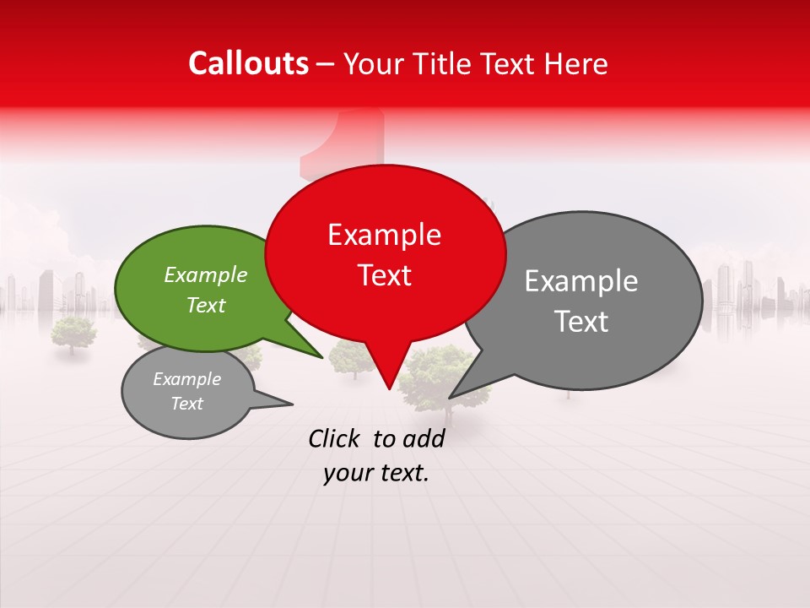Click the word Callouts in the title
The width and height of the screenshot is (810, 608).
248,63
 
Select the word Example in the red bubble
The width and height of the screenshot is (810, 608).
384,235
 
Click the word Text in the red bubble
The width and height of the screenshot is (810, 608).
384,275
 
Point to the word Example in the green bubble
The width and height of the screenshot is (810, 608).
206,274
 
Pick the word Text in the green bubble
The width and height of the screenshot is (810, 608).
206,305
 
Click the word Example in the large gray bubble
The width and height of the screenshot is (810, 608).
581,281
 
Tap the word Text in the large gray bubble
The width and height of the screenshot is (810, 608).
581,322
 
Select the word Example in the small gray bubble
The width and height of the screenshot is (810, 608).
186,379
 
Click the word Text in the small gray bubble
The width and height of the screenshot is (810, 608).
186,404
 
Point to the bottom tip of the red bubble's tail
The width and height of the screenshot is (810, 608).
389,388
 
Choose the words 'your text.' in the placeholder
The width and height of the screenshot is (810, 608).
376,474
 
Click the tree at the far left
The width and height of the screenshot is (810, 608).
73,333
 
